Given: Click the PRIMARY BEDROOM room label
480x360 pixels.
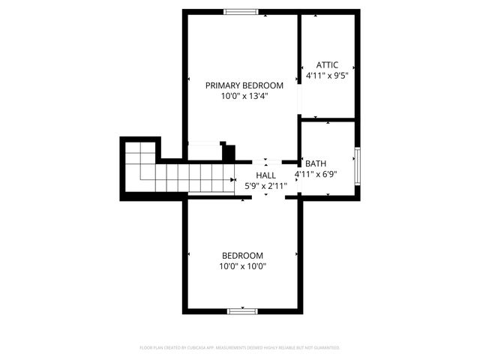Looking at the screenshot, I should [x=244, y=85].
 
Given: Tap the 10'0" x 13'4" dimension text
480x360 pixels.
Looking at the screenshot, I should [x=244, y=96].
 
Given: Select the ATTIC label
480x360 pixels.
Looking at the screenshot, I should [x=328, y=65].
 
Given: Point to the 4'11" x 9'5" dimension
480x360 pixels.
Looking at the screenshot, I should [x=328, y=76].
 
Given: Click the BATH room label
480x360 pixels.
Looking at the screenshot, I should [x=315, y=163].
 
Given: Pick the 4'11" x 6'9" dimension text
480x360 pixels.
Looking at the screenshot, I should [x=316, y=174].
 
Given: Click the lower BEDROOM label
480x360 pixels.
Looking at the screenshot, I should [x=241, y=255].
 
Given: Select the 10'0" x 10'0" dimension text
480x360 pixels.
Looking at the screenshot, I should [x=243, y=265].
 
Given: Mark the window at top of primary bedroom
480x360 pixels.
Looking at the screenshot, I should [x=241, y=11].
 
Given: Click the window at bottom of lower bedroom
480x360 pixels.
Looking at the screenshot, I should [x=243, y=310].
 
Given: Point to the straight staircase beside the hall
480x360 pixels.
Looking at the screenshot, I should [x=195, y=179].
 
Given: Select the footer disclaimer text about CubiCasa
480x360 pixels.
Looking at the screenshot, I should [x=240, y=348].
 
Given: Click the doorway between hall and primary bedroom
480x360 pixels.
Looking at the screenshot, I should [x=266, y=160].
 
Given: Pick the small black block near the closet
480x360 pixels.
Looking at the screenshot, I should [x=229, y=151].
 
